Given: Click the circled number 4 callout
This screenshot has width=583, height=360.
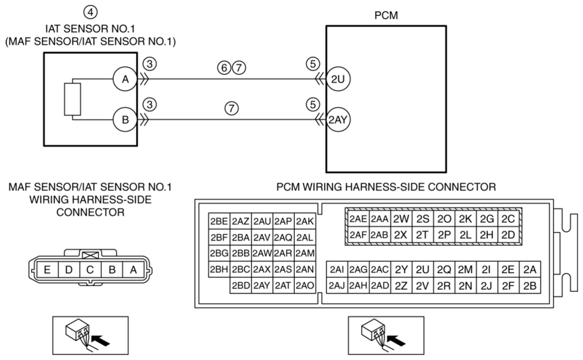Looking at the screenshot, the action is [90, 12].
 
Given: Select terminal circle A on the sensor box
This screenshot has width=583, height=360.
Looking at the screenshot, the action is [126, 79].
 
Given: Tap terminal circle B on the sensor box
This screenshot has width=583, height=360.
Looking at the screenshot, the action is [126, 120].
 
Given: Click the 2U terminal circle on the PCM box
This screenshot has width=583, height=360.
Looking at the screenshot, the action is [338, 79].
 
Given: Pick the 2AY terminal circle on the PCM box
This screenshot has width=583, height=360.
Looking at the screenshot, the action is [338, 120].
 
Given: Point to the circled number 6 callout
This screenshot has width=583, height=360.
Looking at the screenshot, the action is [224, 67].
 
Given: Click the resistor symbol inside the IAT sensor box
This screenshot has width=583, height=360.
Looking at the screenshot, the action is [72, 100].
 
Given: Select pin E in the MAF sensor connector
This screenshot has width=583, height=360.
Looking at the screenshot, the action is [47, 270].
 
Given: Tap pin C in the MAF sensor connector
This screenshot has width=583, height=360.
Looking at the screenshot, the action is [90, 270].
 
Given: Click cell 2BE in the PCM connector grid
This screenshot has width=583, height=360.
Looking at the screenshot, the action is [219, 221].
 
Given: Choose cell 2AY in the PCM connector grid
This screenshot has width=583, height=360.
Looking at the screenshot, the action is [262, 285].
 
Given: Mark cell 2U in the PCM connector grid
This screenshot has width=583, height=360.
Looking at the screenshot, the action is [423, 269].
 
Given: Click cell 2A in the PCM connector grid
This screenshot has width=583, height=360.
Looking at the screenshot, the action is [530, 269].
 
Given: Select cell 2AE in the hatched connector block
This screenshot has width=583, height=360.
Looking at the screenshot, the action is [358, 218].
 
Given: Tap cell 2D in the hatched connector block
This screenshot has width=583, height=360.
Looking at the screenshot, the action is [508, 234].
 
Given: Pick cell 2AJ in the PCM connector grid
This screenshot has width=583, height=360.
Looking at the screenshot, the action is [337, 285].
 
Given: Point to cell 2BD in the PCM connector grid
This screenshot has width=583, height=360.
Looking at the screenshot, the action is [241, 285].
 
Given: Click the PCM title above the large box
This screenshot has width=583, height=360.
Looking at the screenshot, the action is [386, 15].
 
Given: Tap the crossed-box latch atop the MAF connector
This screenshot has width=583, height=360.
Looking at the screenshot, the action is [90, 255].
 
